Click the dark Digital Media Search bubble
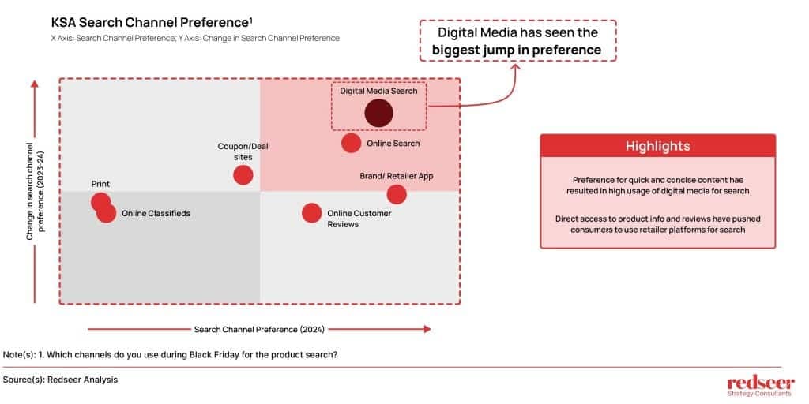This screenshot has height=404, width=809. click(378, 114)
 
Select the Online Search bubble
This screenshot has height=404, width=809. click(352, 143)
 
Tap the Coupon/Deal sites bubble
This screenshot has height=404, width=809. click(243, 175)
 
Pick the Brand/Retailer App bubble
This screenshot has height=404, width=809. click(397, 194)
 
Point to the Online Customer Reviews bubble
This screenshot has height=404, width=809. click(311, 213)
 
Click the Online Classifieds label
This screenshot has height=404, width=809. click(156, 213)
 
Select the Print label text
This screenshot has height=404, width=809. click(100, 184)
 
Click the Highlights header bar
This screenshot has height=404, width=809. click(658, 146)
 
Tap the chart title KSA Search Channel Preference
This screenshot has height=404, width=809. click(152, 23)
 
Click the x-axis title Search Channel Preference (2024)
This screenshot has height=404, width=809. click(259, 329)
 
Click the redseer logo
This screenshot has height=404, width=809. click(761, 386)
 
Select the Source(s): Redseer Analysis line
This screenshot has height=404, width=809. click(60, 380)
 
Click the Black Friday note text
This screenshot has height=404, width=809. click(171, 355)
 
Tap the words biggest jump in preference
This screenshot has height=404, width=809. click(517, 50)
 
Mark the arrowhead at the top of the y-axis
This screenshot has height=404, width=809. click(35, 84)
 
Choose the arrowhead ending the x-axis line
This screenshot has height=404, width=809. click(427, 329)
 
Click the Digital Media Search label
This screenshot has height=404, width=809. click(378, 91)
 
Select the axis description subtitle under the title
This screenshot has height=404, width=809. click(195, 38)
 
